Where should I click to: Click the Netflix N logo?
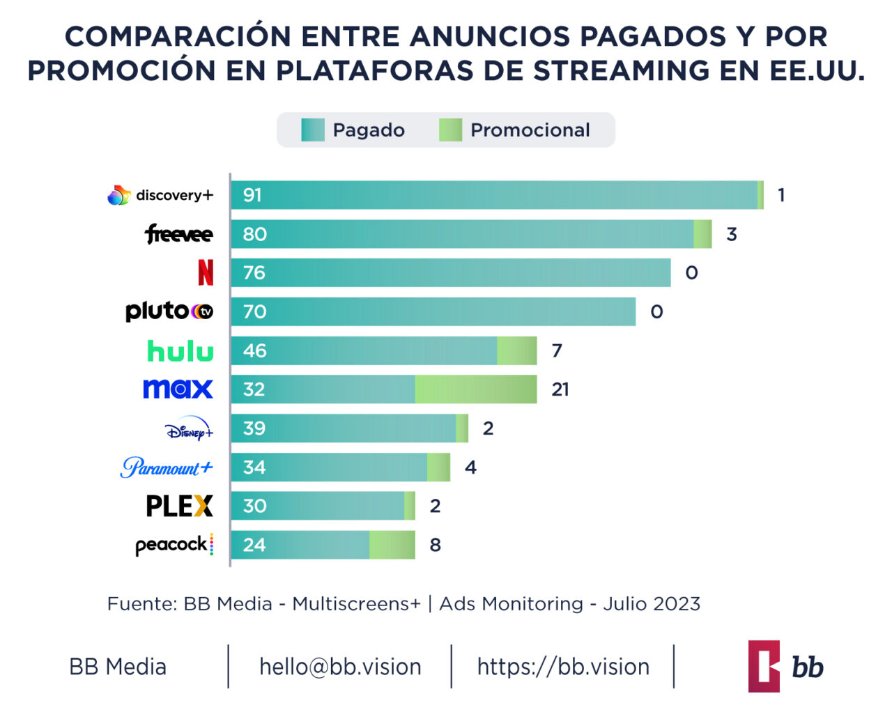(206, 272)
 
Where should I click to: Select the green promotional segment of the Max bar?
(476, 389)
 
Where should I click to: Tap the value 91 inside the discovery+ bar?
(252, 195)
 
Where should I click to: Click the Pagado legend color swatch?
(313, 130)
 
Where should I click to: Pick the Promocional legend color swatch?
(450, 130)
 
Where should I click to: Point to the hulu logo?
(180, 350)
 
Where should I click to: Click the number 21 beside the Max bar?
(560, 389)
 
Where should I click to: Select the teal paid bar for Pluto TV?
(433, 311)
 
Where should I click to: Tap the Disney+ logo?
(189, 429)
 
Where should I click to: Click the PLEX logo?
(179, 506)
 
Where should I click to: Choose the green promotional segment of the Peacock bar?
(392, 545)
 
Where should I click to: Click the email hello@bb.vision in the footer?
(340, 667)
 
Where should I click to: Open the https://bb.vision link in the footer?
(563, 667)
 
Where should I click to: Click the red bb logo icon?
(764, 666)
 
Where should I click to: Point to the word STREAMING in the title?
(621, 70)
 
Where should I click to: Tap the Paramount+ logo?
(167, 467)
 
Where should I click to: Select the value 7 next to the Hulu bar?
(557, 350)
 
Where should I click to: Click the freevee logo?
(178, 234)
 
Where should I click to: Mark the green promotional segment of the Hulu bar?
(516, 350)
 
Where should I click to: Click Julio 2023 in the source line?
(652, 603)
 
